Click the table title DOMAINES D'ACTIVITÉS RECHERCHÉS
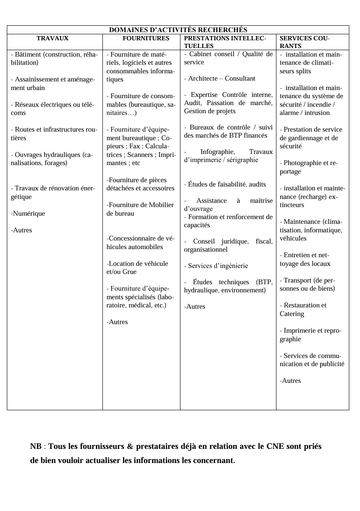click(x=178, y=30)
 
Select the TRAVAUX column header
click(x=52, y=38)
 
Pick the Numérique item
click(x=28, y=213)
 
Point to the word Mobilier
click(x=161, y=205)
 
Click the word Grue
click(x=129, y=272)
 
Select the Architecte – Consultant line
click(x=221, y=78)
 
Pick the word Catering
click(x=292, y=314)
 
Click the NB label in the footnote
click(x=36, y=446)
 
